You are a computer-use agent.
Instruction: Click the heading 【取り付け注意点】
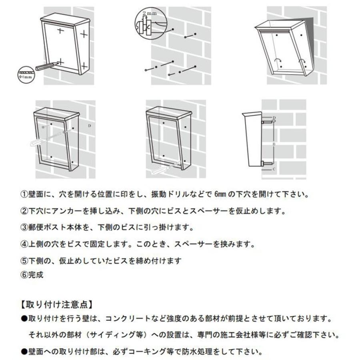[56, 304]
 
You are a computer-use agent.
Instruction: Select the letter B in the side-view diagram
[273, 142]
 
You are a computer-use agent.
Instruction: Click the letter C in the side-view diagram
[273, 169]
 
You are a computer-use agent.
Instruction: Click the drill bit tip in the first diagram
[57, 64]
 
